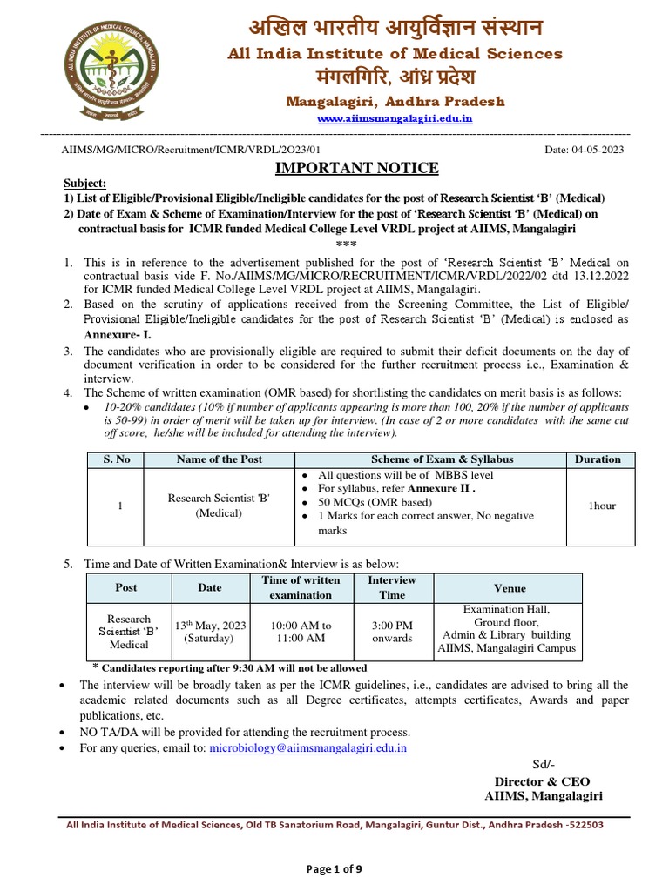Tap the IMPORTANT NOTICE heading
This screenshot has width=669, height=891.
click(x=357, y=168)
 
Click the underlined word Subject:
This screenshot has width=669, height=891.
click(x=84, y=184)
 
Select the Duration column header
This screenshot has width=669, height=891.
click(x=598, y=459)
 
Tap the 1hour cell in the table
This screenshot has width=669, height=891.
click(x=601, y=506)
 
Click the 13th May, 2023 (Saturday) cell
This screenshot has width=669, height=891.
click(x=210, y=632)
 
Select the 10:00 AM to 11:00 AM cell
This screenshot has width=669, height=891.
click(x=301, y=632)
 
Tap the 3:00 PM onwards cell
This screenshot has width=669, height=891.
click(x=392, y=632)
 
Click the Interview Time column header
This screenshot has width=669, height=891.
click(x=392, y=587)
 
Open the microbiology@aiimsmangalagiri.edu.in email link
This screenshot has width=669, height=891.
click(x=308, y=747)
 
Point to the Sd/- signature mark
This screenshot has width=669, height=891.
click(x=542, y=764)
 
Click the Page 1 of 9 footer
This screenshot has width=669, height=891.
click(x=334, y=869)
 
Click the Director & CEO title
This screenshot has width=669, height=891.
click(x=543, y=781)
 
